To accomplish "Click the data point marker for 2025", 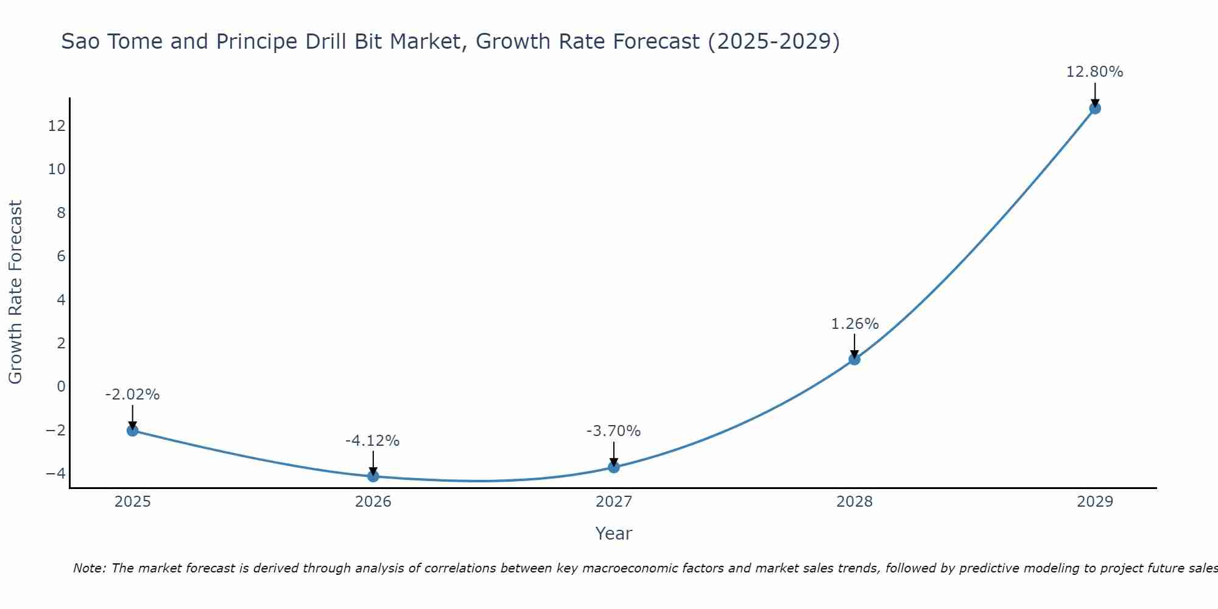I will [x=132, y=431].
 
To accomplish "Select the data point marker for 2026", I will [x=373, y=476].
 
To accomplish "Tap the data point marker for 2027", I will [x=614, y=467].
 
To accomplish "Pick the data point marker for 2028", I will [x=854, y=359].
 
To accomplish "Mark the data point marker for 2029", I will [x=1095, y=108].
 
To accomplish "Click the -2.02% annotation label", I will [x=132, y=395].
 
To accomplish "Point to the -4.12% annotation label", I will [x=372, y=441].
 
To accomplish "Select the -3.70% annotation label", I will [x=613, y=431].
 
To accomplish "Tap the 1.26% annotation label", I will [x=855, y=324].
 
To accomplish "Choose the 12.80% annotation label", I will [x=1094, y=72].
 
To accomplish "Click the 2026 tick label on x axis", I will [x=373, y=502].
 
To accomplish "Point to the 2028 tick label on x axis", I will [x=854, y=502].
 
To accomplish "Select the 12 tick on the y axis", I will [x=57, y=125].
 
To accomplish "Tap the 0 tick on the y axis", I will [x=61, y=386].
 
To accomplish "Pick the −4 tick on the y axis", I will [x=55, y=473].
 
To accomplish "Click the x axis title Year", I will [x=614, y=533].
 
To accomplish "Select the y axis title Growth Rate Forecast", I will [x=15, y=292].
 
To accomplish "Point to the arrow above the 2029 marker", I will [x=1095, y=94].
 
